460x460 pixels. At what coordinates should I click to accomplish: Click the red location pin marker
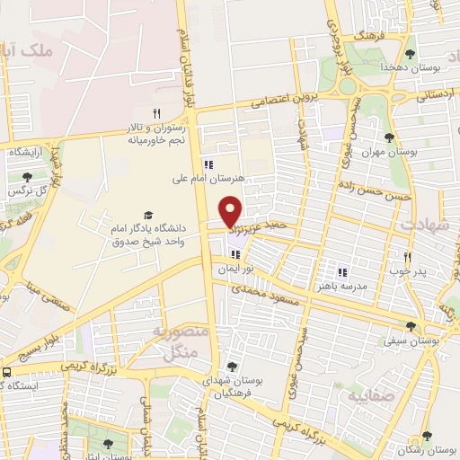pos(231,211)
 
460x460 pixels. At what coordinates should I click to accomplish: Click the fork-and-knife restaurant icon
pos(156,113)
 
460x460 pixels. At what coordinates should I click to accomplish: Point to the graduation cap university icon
pos(147,215)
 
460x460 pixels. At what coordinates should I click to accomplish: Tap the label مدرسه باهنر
pos(341,285)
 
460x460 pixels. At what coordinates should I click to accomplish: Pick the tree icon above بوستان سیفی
pos(411,326)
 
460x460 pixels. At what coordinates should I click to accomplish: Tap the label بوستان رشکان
pos(432,447)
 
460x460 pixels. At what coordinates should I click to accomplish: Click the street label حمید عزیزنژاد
pos(268,232)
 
